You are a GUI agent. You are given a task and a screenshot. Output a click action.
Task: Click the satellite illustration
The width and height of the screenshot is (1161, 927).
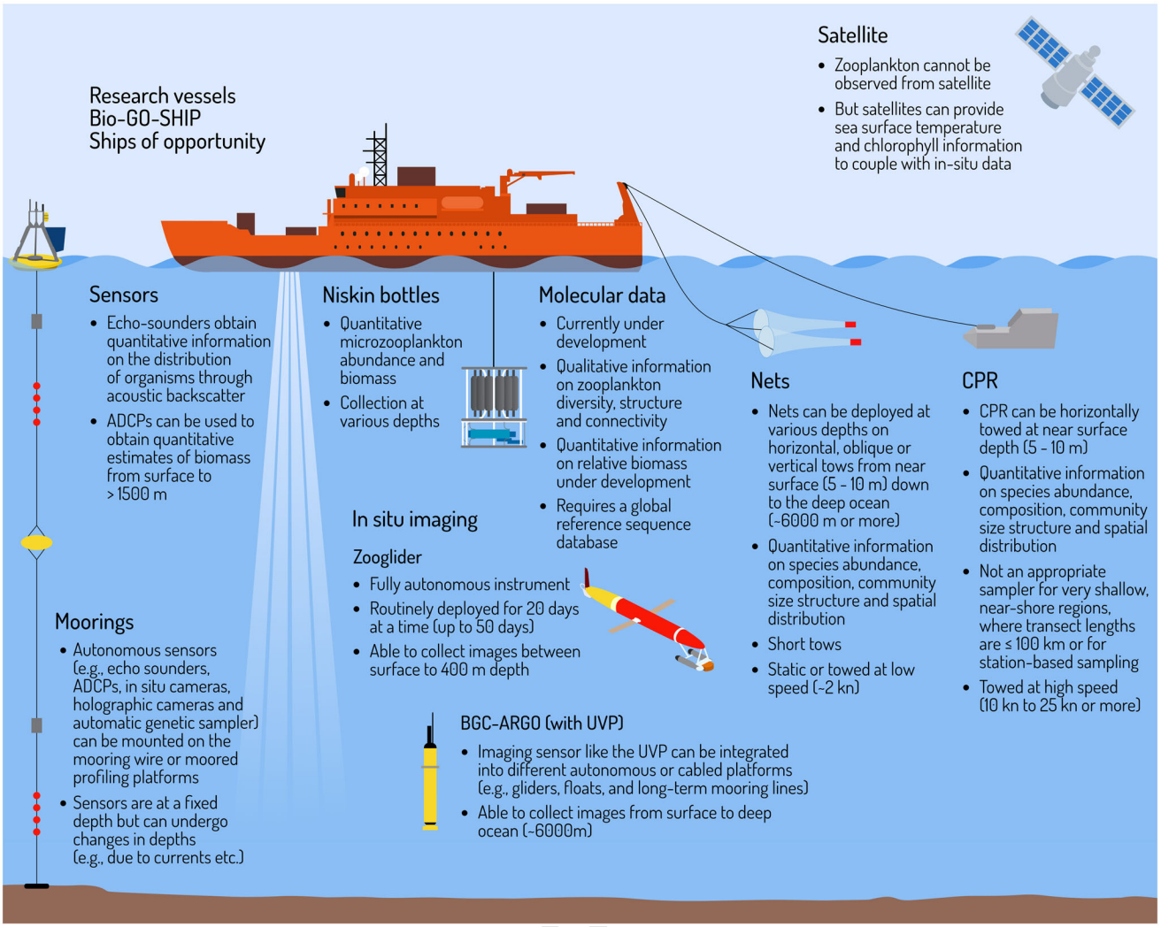point(1074,73)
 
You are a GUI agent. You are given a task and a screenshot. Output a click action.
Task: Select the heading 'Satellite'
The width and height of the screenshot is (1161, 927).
point(852,35)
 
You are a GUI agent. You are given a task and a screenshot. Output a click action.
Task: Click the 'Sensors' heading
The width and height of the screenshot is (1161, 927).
point(124,295)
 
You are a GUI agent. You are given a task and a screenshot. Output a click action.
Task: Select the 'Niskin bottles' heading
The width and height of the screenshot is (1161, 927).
point(381,295)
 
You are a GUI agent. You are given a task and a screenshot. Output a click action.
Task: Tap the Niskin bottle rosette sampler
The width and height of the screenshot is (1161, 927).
point(494,406)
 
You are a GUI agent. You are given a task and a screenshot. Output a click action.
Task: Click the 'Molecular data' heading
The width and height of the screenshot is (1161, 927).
point(602,295)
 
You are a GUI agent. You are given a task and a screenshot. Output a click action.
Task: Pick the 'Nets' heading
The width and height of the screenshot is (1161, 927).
point(770,381)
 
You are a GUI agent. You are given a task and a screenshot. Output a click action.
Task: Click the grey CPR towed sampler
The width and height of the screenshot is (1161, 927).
point(1013,330)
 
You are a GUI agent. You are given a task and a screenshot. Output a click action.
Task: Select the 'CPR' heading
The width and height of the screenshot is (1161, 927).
point(980,381)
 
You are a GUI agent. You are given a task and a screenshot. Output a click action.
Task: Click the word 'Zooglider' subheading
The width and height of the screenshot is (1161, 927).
point(387,557)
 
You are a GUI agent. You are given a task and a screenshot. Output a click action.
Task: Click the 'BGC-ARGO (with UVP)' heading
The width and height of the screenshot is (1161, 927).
point(542,723)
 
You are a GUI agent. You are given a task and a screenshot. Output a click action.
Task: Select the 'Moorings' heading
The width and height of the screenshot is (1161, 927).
point(94,622)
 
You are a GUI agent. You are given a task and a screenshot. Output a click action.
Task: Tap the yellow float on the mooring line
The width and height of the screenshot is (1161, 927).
point(36,542)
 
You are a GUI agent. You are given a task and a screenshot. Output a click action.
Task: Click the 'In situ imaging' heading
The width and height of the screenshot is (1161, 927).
point(414,520)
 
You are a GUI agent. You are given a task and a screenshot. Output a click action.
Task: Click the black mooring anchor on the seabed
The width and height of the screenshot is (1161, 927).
point(36,885)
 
